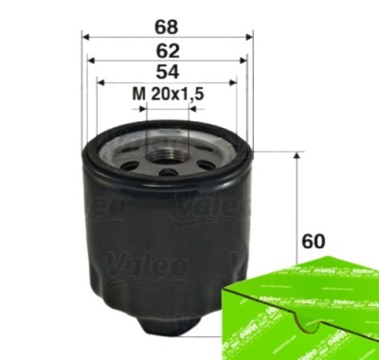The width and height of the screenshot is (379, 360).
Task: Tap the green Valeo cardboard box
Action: (301, 309)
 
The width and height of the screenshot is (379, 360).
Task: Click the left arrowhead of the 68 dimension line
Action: (87, 34)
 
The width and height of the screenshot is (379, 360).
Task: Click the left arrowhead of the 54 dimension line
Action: (102, 82)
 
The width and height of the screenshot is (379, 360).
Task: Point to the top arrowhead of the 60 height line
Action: (298, 154)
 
